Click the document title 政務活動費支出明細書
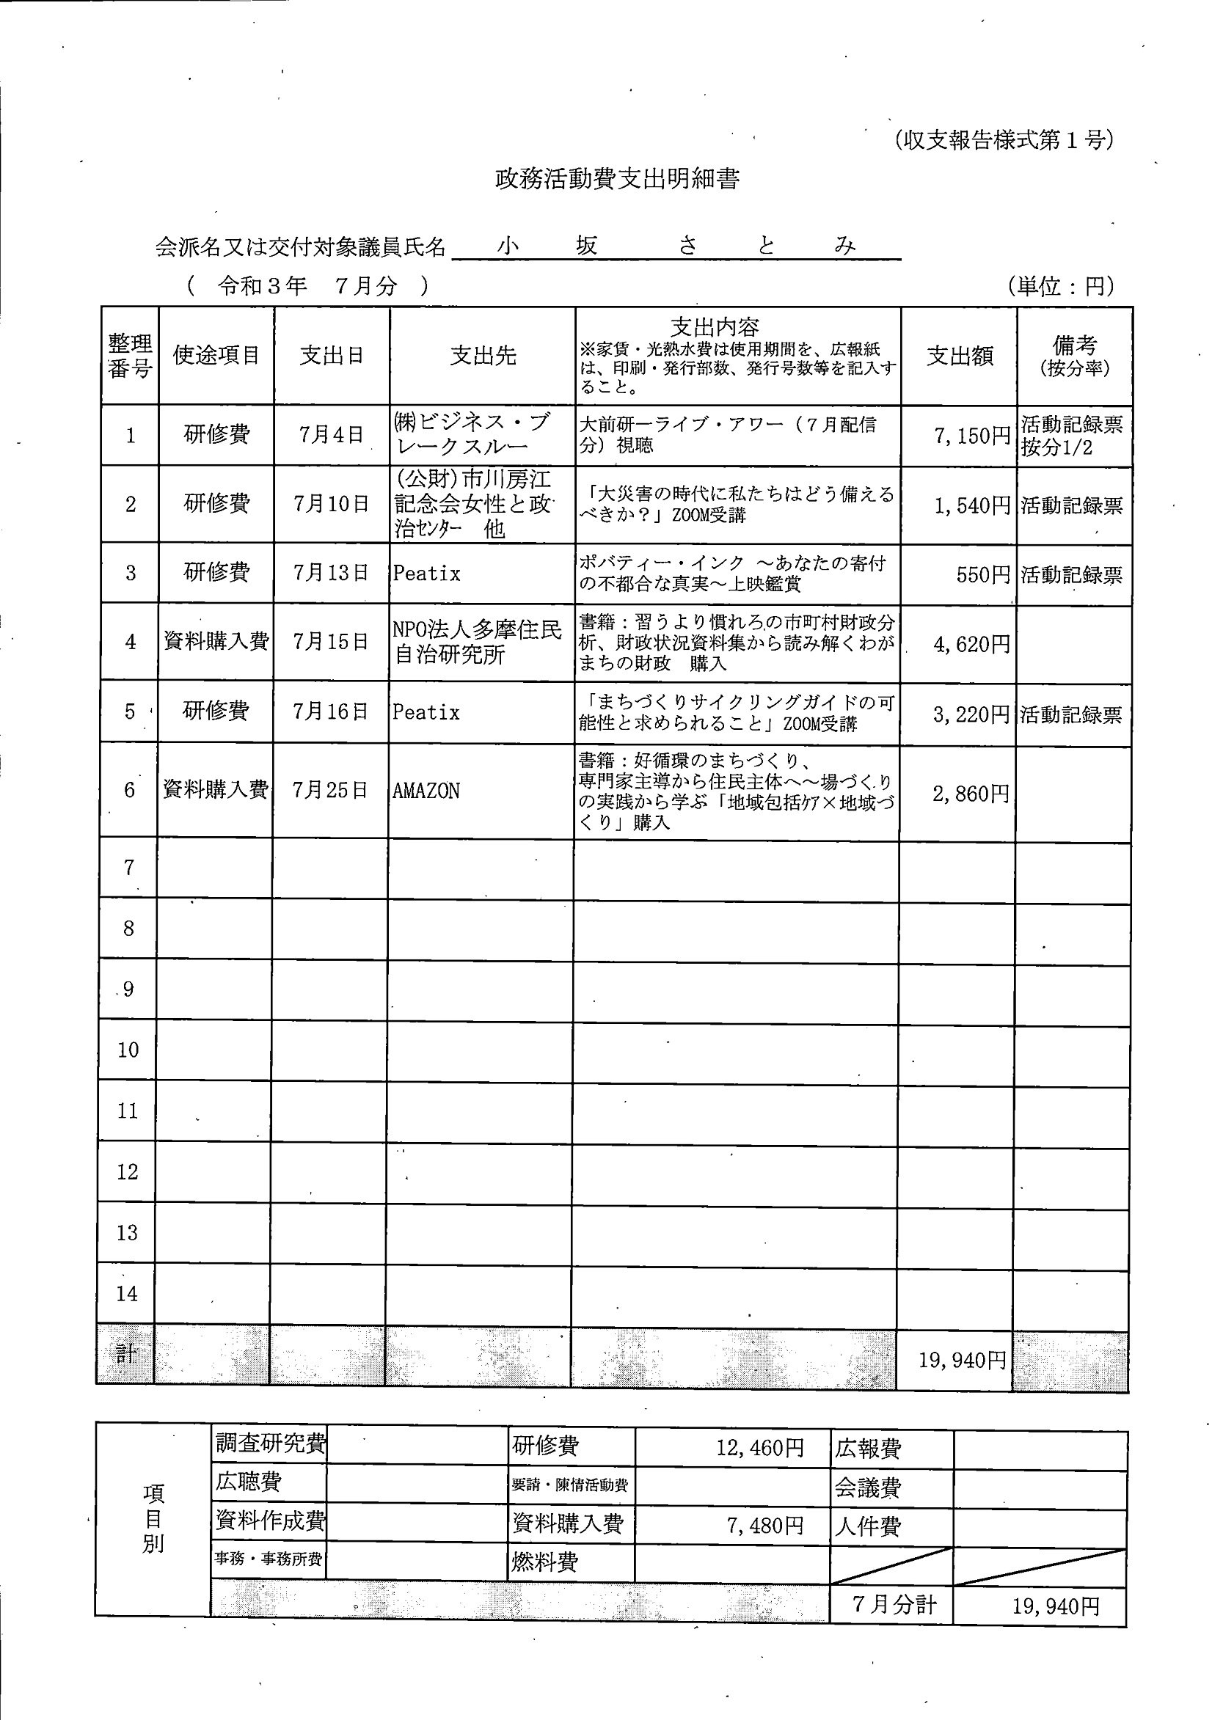tap(618, 179)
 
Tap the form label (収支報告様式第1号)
tap(1004, 140)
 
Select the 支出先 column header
tap(483, 356)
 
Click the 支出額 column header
tap(960, 356)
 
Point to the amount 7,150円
tap(972, 436)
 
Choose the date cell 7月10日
tap(332, 504)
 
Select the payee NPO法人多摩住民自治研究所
tap(477, 642)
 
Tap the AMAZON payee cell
tap(426, 791)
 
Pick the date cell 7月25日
tap(330, 791)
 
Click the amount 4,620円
tap(971, 644)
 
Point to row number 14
tap(127, 1294)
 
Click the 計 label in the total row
tap(126, 1353)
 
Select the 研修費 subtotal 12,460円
tap(760, 1446)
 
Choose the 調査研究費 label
tap(270, 1443)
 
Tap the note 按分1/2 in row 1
tap(1056, 448)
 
